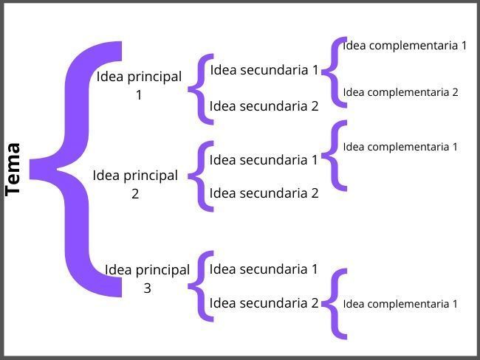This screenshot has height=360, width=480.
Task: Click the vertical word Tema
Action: click(x=13, y=170)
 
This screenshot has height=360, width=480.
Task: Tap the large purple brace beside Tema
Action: click(x=77, y=169)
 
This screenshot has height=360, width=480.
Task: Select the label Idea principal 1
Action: click(x=139, y=86)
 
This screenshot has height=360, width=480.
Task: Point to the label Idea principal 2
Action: click(x=135, y=184)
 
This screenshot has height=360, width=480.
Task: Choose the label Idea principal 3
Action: click(x=147, y=278)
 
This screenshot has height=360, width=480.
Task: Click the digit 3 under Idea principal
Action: click(x=147, y=288)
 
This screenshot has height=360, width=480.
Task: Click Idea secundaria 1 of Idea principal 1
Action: click(x=264, y=70)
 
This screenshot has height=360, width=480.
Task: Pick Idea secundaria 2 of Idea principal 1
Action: click(x=264, y=106)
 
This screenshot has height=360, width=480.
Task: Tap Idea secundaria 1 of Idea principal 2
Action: click(x=264, y=159)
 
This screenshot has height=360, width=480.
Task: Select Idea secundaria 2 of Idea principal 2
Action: click(x=264, y=193)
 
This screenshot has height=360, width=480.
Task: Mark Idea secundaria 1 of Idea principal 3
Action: click(x=264, y=269)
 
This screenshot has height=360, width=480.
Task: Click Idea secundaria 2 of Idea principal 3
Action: click(x=264, y=303)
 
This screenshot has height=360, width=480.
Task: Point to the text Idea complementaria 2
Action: click(x=400, y=92)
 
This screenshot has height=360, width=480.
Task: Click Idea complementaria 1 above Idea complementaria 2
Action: click(x=405, y=46)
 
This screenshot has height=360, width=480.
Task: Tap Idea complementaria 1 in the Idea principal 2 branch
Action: click(x=400, y=147)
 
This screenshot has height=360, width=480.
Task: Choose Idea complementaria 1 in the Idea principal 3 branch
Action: click(x=400, y=304)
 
